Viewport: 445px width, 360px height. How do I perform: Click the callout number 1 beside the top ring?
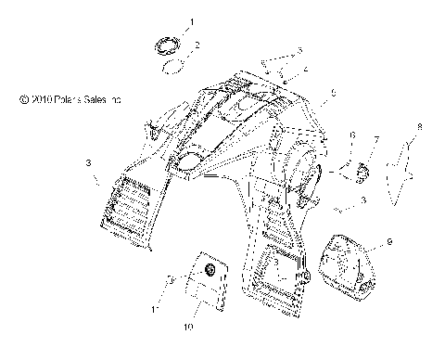[x=192, y=20]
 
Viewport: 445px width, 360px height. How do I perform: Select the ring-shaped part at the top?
[x=168, y=44]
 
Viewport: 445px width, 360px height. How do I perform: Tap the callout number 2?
[x=196, y=45]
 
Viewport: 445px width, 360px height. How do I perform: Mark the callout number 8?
[x=419, y=126]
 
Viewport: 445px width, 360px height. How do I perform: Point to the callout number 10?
[x=188, y=328]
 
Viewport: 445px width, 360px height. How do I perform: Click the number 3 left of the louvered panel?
[x=88, y=163]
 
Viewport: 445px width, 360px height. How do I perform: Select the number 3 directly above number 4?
[x=299, y=49]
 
